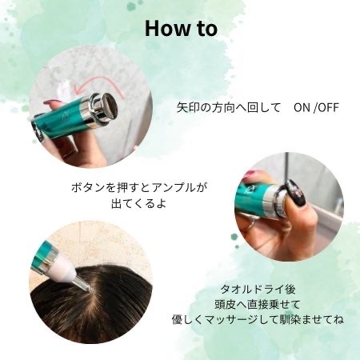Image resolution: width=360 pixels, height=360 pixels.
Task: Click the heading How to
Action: (x=180, y=28)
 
